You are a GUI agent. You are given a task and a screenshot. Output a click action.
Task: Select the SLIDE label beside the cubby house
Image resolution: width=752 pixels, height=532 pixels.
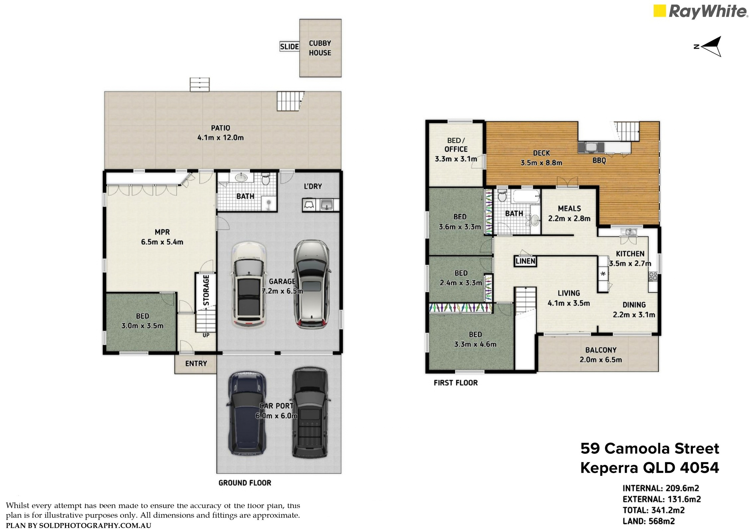(x=289, y=47)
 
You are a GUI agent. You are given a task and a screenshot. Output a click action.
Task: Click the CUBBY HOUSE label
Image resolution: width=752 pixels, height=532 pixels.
(x=320, y=48)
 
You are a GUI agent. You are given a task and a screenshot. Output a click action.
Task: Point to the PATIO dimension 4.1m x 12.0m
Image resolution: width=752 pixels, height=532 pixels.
(x=221, y=138)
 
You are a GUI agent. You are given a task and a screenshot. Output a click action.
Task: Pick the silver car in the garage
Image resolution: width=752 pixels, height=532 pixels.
(x=312, y=284)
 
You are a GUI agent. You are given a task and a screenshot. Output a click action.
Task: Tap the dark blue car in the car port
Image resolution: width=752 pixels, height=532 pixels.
(x=246, y=412)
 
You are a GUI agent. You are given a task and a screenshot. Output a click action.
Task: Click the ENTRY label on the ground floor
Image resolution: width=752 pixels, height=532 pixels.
(x=196, y=364)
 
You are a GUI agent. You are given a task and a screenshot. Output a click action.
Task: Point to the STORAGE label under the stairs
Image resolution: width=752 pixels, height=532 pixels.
(x=206, y=290)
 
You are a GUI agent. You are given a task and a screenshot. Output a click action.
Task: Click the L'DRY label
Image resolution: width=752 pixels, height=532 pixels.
(x=313, y=186)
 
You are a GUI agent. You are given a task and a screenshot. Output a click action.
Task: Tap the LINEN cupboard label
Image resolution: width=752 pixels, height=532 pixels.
(x=525, y=261)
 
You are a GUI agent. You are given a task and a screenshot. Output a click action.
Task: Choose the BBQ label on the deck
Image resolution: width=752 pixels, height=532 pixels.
(x=599, y=161)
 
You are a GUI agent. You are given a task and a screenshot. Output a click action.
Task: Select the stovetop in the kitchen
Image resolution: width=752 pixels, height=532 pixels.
(x=652, y=276)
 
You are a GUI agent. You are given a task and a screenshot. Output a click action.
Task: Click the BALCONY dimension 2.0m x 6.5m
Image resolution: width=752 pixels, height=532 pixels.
(x=600, y=360)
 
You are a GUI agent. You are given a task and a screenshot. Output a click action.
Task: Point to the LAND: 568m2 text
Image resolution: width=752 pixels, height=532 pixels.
(x=649, y=521)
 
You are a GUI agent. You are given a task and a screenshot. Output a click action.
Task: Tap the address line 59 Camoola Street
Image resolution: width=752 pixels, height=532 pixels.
(x=650, y=449)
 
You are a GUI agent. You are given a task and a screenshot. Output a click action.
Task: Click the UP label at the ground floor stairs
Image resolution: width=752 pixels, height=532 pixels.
(x=206, y=335)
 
